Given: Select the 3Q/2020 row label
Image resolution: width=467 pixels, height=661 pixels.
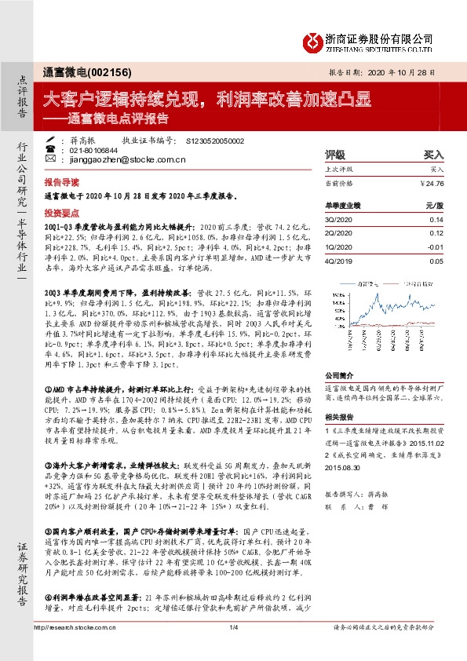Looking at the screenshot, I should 338,220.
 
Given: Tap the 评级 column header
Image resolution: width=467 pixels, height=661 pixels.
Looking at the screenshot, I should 335,155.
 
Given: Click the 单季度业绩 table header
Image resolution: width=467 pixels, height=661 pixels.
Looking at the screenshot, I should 342,204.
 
